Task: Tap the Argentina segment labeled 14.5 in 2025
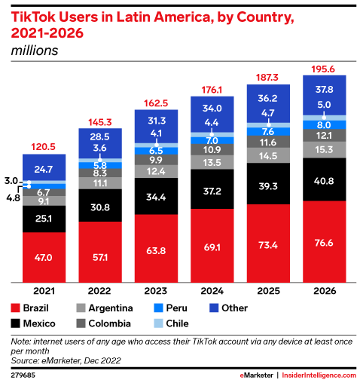[x=268, y=155]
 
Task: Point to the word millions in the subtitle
[x=34, y=51]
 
